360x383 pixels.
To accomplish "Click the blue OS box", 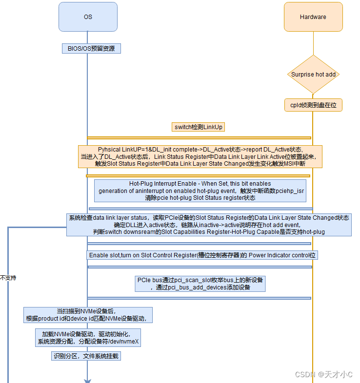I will (x=88, y=17).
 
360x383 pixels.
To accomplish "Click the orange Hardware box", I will (x=313, y=17).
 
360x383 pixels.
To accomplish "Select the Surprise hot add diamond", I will (x=313, y=75).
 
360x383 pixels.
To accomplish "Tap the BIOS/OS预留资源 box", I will (x=91, y=48).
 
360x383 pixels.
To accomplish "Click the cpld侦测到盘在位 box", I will (x=313, y=105).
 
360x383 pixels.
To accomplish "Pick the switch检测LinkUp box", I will (x=199, y=127).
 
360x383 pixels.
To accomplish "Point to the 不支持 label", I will (x=8, y=278).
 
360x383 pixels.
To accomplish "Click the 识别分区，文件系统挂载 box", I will (x=86, y=356).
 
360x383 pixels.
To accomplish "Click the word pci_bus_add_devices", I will (x=194, y=287).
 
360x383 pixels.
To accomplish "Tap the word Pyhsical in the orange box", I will (x=110, y=149).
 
